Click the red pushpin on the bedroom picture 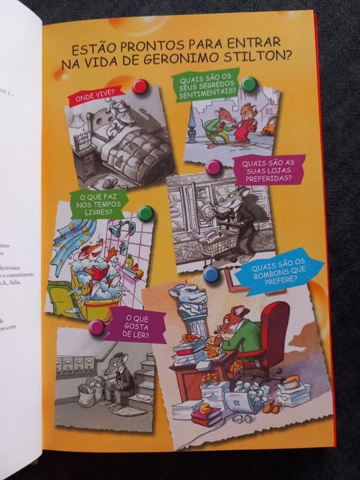(x=140, y=86)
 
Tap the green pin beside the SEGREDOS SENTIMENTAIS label (x=248, y=83)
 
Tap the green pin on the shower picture (x=145, y=213)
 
